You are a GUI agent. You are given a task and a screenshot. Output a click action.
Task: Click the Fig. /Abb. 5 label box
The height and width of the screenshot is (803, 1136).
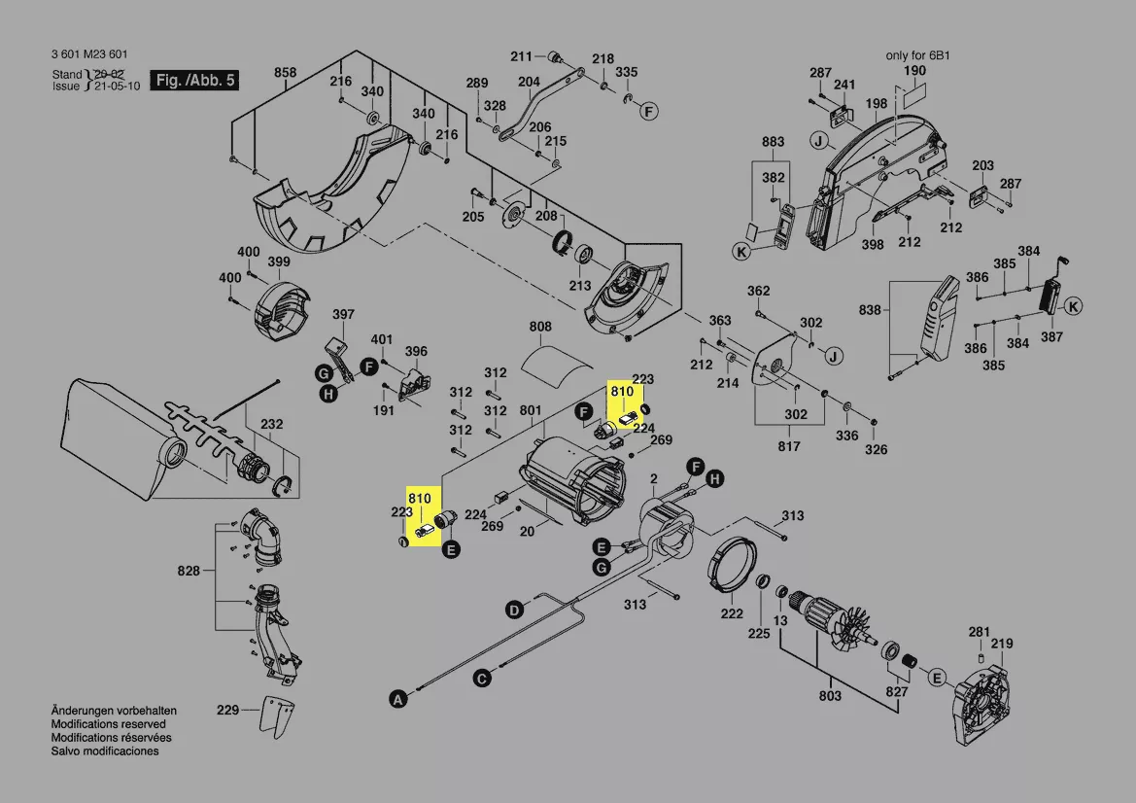pos(194,81)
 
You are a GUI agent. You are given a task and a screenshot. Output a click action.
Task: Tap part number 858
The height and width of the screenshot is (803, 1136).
pos(285,72)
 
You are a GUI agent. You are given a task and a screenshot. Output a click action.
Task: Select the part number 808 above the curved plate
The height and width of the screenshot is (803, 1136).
pos(540,327)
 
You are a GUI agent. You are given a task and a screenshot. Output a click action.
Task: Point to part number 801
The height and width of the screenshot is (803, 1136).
pos(531,411)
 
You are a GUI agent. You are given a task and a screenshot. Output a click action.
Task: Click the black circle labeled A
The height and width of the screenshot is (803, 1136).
pos(396,697)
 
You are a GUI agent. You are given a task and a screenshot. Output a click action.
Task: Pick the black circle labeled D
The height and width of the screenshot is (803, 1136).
pos(513,610)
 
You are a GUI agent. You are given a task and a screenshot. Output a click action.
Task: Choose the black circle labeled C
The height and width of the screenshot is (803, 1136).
pos(481,679)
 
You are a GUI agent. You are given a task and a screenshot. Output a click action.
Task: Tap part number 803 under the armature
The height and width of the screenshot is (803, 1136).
pos(830,696)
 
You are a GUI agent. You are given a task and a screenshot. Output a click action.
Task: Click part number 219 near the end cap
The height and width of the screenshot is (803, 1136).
pos(1002,644)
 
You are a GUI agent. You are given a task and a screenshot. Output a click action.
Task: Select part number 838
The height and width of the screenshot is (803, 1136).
pos(870,310)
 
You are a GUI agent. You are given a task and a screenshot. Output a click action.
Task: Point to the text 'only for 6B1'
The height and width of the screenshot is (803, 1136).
pos(917,55)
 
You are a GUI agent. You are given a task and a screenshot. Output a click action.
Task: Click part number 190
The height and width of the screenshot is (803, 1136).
pos(914,71)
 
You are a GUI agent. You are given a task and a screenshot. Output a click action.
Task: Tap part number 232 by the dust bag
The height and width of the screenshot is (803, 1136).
pos(272,424)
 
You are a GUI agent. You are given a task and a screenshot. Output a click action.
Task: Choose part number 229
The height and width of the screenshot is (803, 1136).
pos(227,711)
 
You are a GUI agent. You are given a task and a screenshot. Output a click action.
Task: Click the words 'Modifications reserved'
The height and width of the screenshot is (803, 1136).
pos(108,724)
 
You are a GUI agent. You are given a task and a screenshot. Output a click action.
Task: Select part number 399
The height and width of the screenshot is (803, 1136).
pos(279,262)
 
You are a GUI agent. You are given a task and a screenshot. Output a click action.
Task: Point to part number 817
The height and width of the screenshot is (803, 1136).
pos(788,446)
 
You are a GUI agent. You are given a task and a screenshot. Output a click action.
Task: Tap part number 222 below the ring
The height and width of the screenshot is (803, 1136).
pos(732,613)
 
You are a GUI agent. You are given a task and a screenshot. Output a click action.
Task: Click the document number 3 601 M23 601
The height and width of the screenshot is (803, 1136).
pos(88,55)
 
